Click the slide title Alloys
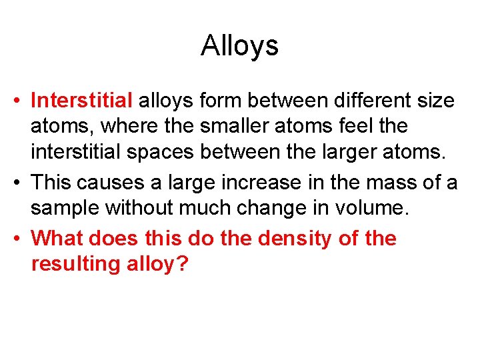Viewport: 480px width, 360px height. pos(239,46)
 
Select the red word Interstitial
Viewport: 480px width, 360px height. pos(82,101)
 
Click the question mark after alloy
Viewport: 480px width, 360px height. pos(183,263)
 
